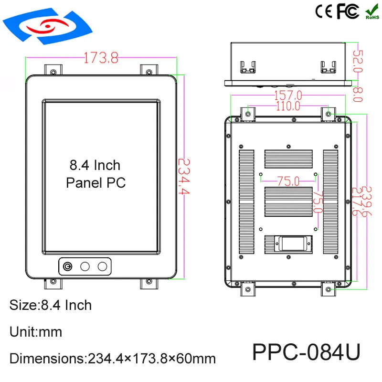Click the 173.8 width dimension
101,58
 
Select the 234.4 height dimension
184,177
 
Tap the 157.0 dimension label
287,96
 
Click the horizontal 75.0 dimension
288,181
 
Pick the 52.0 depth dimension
358,63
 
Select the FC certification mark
348,11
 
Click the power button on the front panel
68,266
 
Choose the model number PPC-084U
306,352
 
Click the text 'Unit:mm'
36,331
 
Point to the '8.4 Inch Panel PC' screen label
95,174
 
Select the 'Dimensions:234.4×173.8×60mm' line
113,358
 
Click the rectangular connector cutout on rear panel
289,243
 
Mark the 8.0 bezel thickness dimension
358,92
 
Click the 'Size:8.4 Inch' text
51,304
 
